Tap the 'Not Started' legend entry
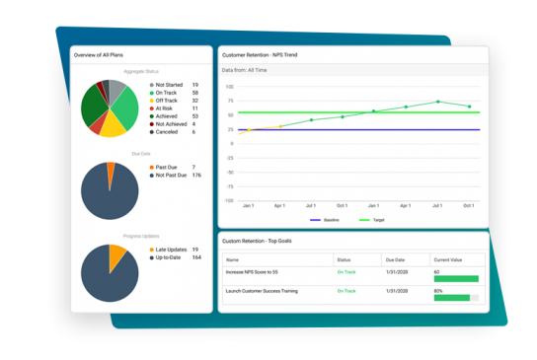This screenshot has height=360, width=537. coord(174,85)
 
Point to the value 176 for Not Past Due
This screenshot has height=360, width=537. coord(196,176)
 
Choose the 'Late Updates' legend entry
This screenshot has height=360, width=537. coord(174,251)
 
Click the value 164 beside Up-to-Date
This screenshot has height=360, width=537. coord(196,258)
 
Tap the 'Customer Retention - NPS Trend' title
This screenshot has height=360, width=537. coord(267,54)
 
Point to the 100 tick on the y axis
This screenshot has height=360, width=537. coord(229,86)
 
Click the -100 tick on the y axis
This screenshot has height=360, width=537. coord(228,200)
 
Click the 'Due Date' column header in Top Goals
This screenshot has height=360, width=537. coord(394,259)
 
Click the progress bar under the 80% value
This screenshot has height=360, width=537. coord(455,298)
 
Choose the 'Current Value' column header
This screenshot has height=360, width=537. coord(448,259)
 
